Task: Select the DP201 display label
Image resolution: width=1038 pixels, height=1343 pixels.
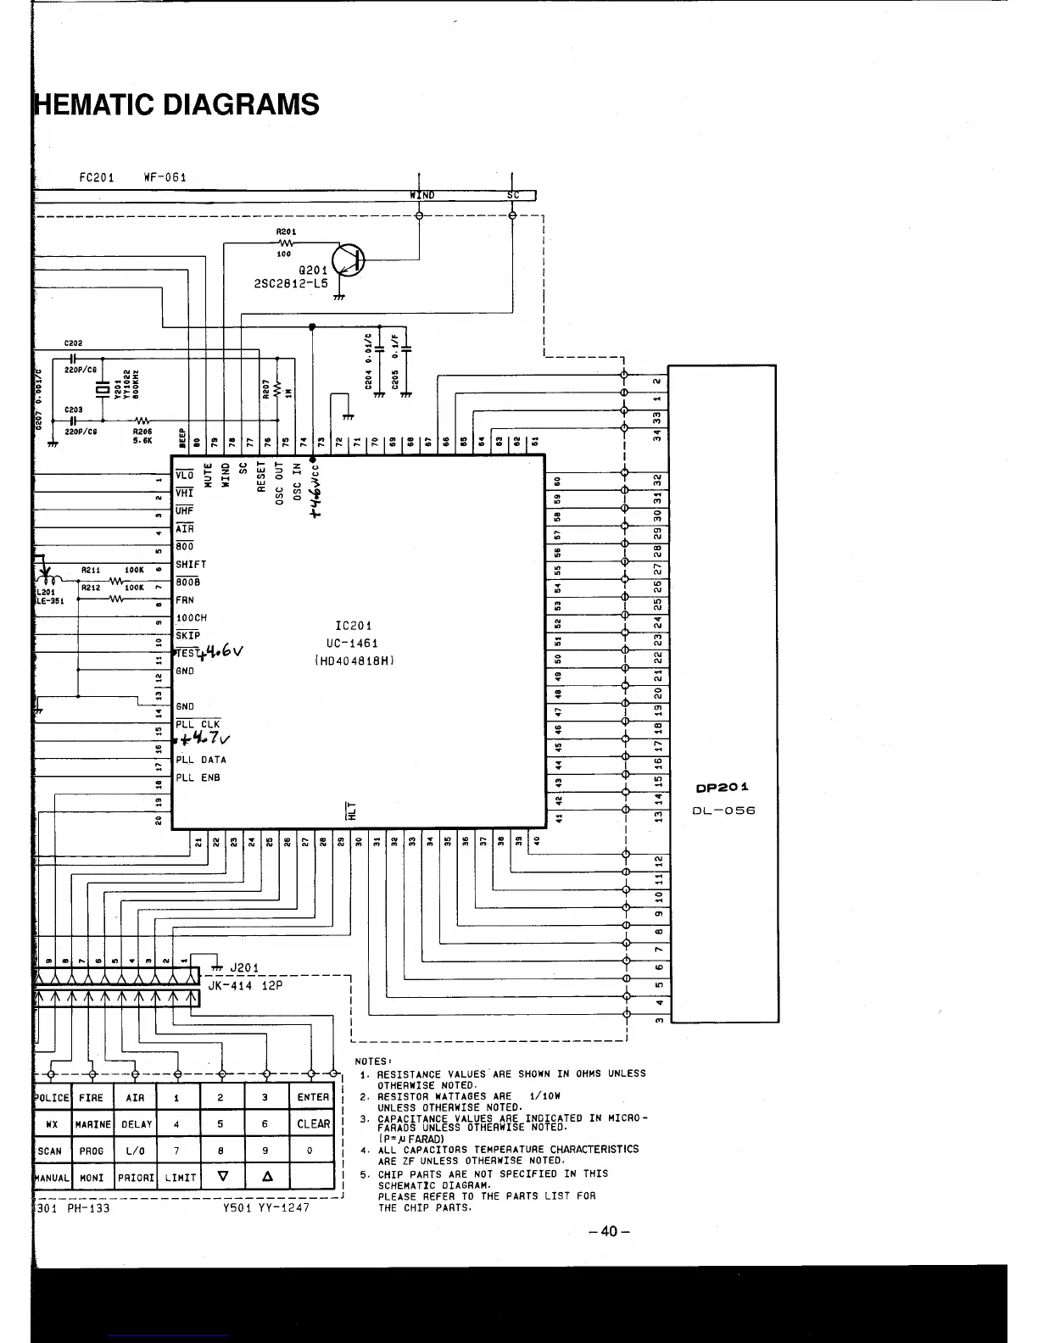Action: pyautogui.click(x=722, y=788)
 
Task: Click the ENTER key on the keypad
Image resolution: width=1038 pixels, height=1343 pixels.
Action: pyautogui.click(x=313, y=1097)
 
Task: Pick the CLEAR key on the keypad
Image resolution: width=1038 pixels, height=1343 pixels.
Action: pyautogui.click(x=313, y=1123)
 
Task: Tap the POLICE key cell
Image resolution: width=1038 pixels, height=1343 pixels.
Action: pyautogui.click(x=52, y=1097)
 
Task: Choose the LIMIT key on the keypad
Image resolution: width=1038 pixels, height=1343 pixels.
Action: pyautogui.click(x=180, y=1177)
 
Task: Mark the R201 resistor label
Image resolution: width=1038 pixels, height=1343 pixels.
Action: pyautogui.click(x=286, y=231)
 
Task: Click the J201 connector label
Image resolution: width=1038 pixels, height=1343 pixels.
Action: pyautogui.click(x=244, y=967)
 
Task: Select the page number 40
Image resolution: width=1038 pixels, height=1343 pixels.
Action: pyautogui.click(x=609, y=1231)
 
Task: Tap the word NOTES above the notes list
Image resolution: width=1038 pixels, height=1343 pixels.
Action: pyautogui.click(x=372, y=1062)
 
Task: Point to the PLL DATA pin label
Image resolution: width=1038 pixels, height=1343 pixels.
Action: pyautogui.click(x=201, y=760)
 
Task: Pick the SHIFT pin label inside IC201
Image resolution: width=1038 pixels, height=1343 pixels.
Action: pyautogui.click(x=191, y=564)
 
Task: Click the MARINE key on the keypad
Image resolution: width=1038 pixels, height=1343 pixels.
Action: pyautogui.click(x=92, y=1124)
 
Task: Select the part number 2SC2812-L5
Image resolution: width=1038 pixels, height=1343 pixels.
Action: pyautogui.click(x=291, y=284)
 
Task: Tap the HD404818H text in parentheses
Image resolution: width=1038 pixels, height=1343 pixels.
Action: pyautogui.click(x=355, y=661)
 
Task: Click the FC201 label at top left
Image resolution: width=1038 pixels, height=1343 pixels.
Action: pyautogui.click(x=97, y=178)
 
